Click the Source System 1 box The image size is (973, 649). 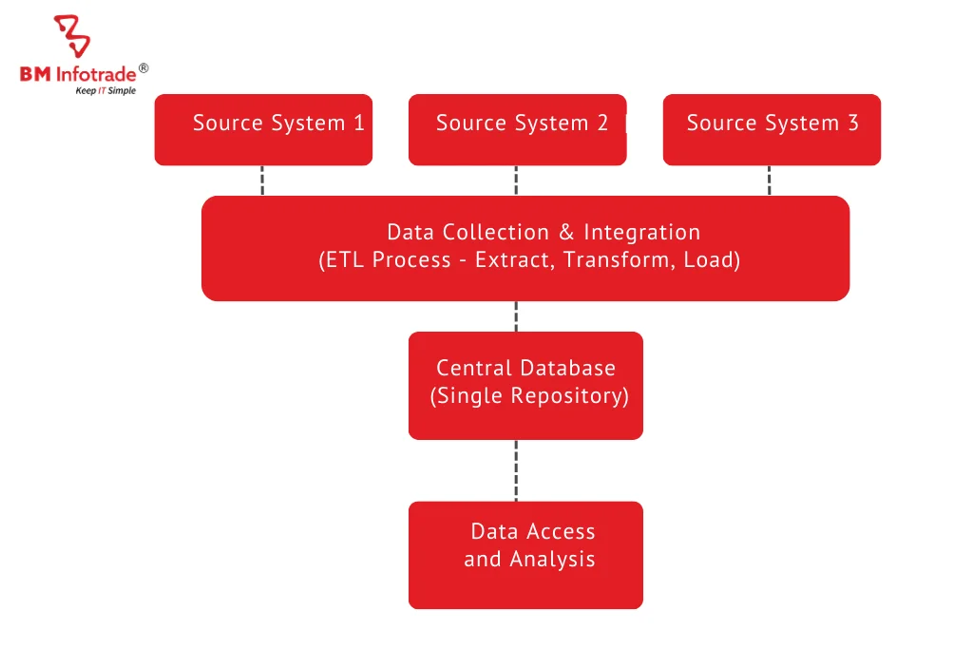(263, 129)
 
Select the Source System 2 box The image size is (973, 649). (517, 129)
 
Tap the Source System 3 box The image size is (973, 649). (772, 129)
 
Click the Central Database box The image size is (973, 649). (525, 385)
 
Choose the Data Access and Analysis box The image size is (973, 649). (525, 554)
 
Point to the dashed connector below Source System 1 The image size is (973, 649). (262, 181)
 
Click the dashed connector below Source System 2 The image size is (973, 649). (516, 181)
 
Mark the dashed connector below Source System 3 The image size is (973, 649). (769, 181)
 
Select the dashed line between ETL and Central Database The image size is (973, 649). (516, 316)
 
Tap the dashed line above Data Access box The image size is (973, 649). (516, 470)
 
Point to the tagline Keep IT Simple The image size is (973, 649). (105, 91)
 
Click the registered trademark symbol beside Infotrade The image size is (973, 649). (143, 67)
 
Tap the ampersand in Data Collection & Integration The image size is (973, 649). (566, 233)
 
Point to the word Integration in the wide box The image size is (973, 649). (642, 233)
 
